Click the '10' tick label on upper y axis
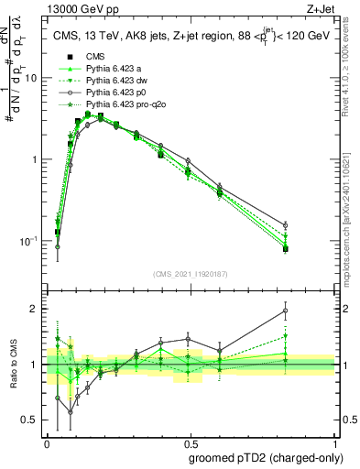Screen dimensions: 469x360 click(x=30, y=78)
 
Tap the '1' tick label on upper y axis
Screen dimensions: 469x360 click(x=34, y=159)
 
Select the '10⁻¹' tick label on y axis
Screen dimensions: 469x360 click(x=28, y=240)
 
